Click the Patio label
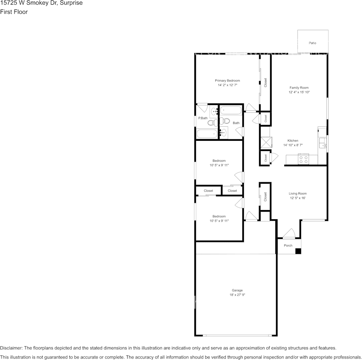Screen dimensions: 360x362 coord(312,43)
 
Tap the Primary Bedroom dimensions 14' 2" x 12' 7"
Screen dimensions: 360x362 coord(227,85)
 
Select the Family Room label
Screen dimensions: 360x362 coord(299,88)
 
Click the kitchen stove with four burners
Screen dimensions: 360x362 coord(303,159)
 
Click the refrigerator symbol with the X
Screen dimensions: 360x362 coord(265,142)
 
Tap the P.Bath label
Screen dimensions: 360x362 coord(203,118)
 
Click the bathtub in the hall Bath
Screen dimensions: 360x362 coord(231,111)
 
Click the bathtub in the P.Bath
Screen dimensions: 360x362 coord(207,134)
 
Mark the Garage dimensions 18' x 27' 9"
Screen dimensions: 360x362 coord(237,295)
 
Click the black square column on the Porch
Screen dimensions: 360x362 coord(298,251)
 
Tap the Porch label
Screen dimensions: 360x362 coord(288,245)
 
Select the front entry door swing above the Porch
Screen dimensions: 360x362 coord(289,233)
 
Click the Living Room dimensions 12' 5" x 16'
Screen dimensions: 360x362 coord(298,198)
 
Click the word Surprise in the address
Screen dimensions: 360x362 coord(71,3)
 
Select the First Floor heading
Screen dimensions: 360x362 coord(14,12)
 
